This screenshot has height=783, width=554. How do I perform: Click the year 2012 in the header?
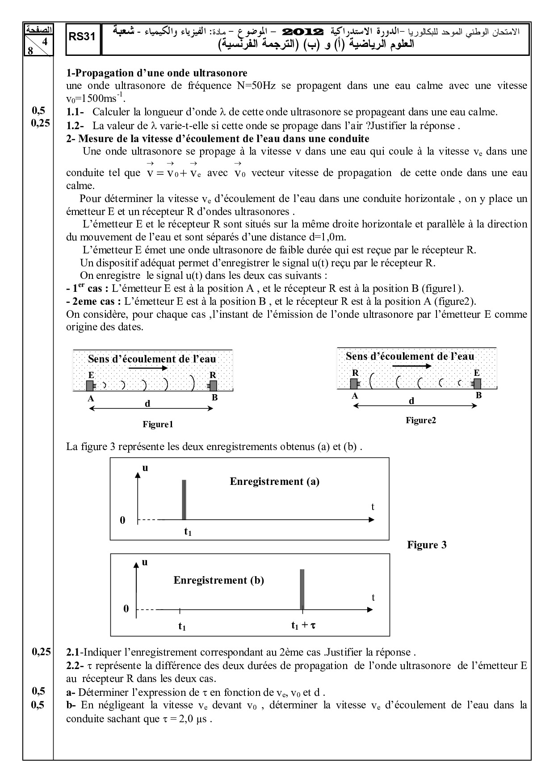(x=303, y=32)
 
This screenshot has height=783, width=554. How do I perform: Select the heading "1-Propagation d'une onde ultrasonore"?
(x=156, y=73)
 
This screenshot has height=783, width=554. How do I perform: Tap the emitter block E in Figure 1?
(x=90, y=385)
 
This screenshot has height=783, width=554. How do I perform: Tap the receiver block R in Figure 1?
(x=213, y=385)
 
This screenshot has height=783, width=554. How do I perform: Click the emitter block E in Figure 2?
(x=477, y=383)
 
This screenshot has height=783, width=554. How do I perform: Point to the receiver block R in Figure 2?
(x=354, y=383)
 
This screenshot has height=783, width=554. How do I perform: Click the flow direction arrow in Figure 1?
(x=147, y=368)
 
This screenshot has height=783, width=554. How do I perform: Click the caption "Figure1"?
(x=158, y=425)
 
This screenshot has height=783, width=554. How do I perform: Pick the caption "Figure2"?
(x=420, y=420)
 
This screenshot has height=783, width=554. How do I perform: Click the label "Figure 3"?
(x=427, y=545)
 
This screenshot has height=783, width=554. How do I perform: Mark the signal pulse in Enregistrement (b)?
(x=302, y=589)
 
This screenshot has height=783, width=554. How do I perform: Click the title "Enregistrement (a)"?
(x=274, y=481)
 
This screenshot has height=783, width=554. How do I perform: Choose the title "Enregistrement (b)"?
(x=218, y=580)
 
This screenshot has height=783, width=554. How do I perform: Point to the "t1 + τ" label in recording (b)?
(x=303, y=626)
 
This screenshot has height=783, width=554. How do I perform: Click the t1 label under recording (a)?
(x=188, y=531)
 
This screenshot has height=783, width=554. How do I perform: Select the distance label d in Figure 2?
(x=411, y=401)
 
